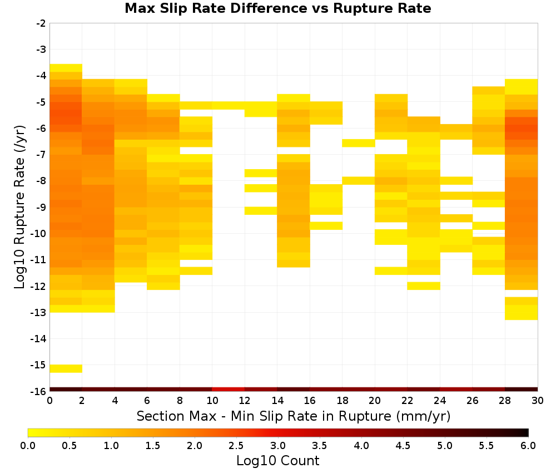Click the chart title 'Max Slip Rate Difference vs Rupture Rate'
(277, 8)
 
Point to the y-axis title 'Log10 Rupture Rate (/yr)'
(20, 207)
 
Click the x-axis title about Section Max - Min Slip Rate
(294, 416)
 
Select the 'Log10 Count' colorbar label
(277, 461)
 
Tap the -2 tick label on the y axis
(41, 23)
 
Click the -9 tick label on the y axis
(41, 207)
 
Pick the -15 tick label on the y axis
(39, 365)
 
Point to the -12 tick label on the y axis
(39, 286)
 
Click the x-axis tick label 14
(277, 401)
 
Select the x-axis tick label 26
(472, 401)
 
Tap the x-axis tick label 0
(49, 401)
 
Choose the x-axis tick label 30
(538, 401)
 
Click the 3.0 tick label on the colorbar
(278, 445)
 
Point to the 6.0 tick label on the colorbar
(528, 445)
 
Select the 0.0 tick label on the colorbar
(28, 445)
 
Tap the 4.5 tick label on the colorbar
(403, 445)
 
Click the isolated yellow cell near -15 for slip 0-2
(66, 369)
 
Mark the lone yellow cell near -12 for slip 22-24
(424, 286)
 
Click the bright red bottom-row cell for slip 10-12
(229, 390)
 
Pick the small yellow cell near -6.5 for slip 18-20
(359, 144)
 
